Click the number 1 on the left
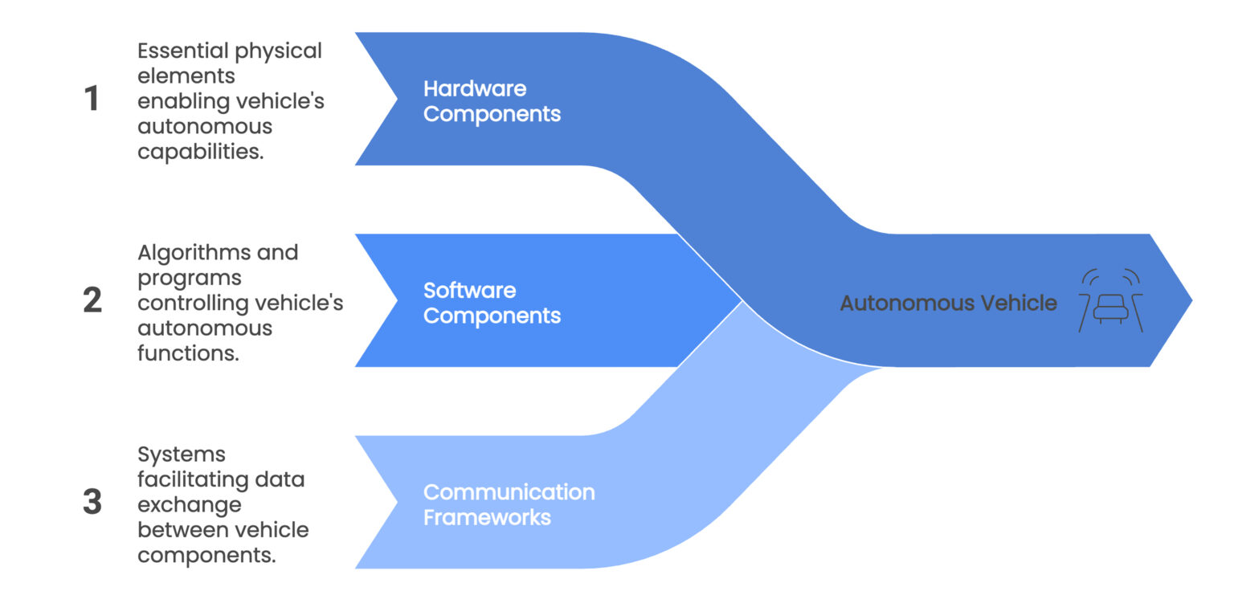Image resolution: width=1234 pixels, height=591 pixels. coord(92,99)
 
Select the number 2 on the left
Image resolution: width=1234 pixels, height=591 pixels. coord(92,300)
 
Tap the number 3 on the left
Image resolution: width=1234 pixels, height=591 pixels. coord(92,503)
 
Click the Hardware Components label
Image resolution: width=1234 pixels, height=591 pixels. coord(492,100)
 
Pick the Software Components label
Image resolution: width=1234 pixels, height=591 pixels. coord(492,303)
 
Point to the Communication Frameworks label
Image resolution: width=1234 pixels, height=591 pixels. coord(509,504)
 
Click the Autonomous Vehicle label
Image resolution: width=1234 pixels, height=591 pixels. coord(948,303)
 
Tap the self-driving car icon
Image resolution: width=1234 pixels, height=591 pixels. coord(1110,301)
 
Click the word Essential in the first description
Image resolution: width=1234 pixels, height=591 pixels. coord(183,51)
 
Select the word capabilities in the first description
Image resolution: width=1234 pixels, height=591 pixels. coord(200,152)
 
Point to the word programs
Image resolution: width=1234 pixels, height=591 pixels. coord(190,279)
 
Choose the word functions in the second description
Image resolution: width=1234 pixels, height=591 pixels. coord(188,353)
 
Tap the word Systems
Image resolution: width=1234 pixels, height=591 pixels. coord(182,454)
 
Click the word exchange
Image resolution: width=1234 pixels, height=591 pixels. coord(190,505)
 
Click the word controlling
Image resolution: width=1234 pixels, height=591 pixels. coord(192,304)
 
